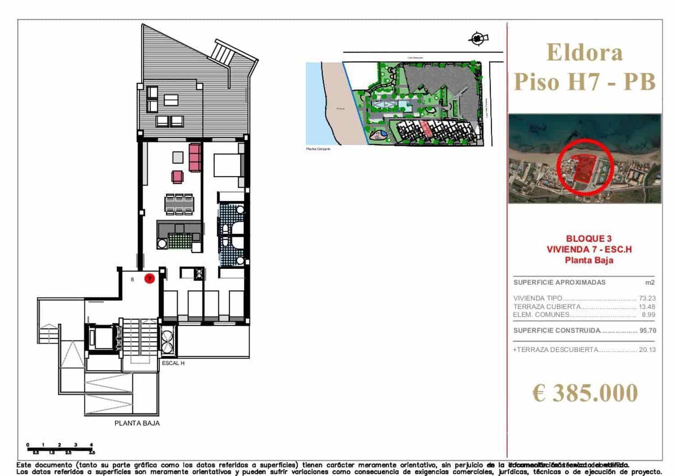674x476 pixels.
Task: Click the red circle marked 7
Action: (149, 279)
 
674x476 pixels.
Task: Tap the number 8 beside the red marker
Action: (132, 279)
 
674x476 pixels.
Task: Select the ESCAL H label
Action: (173, 363)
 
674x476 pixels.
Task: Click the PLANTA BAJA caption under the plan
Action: (137, 423)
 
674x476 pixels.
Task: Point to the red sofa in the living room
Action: (195, 157)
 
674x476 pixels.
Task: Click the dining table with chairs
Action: (179, 204)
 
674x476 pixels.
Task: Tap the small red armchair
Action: (177, 176)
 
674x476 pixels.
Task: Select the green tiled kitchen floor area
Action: (179, 241)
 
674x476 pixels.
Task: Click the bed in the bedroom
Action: (228, 165)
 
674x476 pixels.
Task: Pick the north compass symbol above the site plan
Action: (478, 39)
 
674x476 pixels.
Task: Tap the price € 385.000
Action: (585, 392)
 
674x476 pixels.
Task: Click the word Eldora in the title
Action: (585, 52)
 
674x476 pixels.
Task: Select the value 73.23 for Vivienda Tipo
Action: (647, 298)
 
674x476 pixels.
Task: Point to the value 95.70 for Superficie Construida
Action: (647, 331)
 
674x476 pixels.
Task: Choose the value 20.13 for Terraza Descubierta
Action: (647, 350)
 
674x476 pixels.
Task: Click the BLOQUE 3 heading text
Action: (589, 239)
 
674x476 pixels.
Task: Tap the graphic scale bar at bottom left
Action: (60, 448)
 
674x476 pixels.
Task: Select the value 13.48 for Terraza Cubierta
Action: (647, 307)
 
